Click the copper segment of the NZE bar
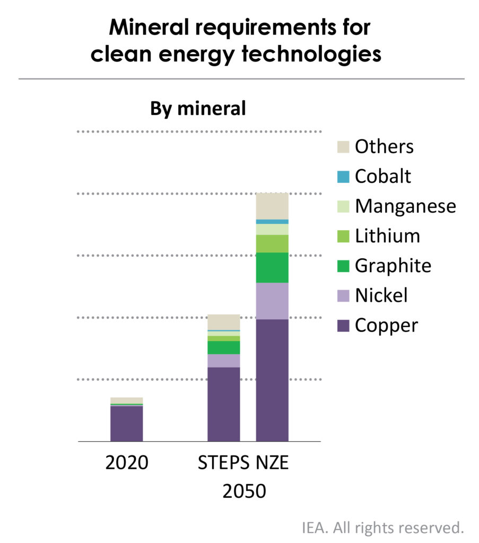[x=272, y=379]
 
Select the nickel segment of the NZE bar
[x=272, y=301]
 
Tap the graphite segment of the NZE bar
[x=272, y=267]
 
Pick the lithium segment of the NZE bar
[x=272, y=243]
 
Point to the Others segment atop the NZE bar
[x=272, y=206]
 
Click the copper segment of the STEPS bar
[x=223, y=404]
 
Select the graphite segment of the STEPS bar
[x=223, y=347]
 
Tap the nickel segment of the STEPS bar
[x=223, y=361]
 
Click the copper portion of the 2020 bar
[x=126, y=423]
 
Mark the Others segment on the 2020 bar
[x=126, y=400]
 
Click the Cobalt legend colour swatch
[x=343, y=176]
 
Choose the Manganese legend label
[x=405, y=206]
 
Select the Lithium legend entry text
[x=387, y=235]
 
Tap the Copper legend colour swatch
[x=343, y=325]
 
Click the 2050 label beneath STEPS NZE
[x=244, y=492]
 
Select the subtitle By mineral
[x=198, y=109]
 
